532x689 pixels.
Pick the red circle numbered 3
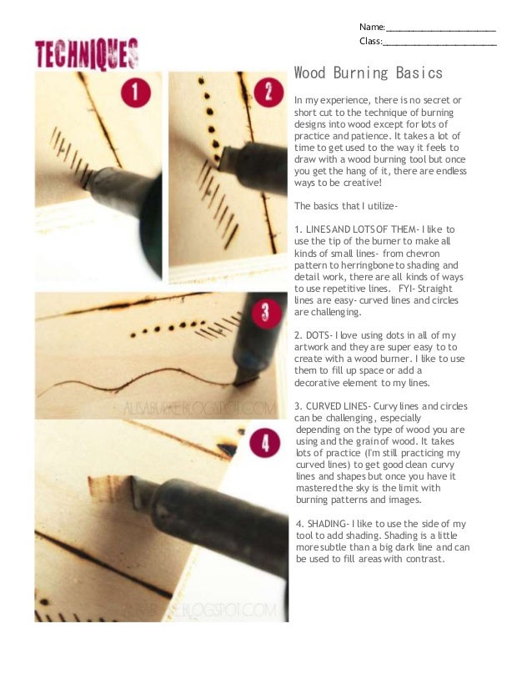pyautogui.click(x=265, y=313)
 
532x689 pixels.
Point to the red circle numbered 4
pyautogui.click(x=264, y=443)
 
